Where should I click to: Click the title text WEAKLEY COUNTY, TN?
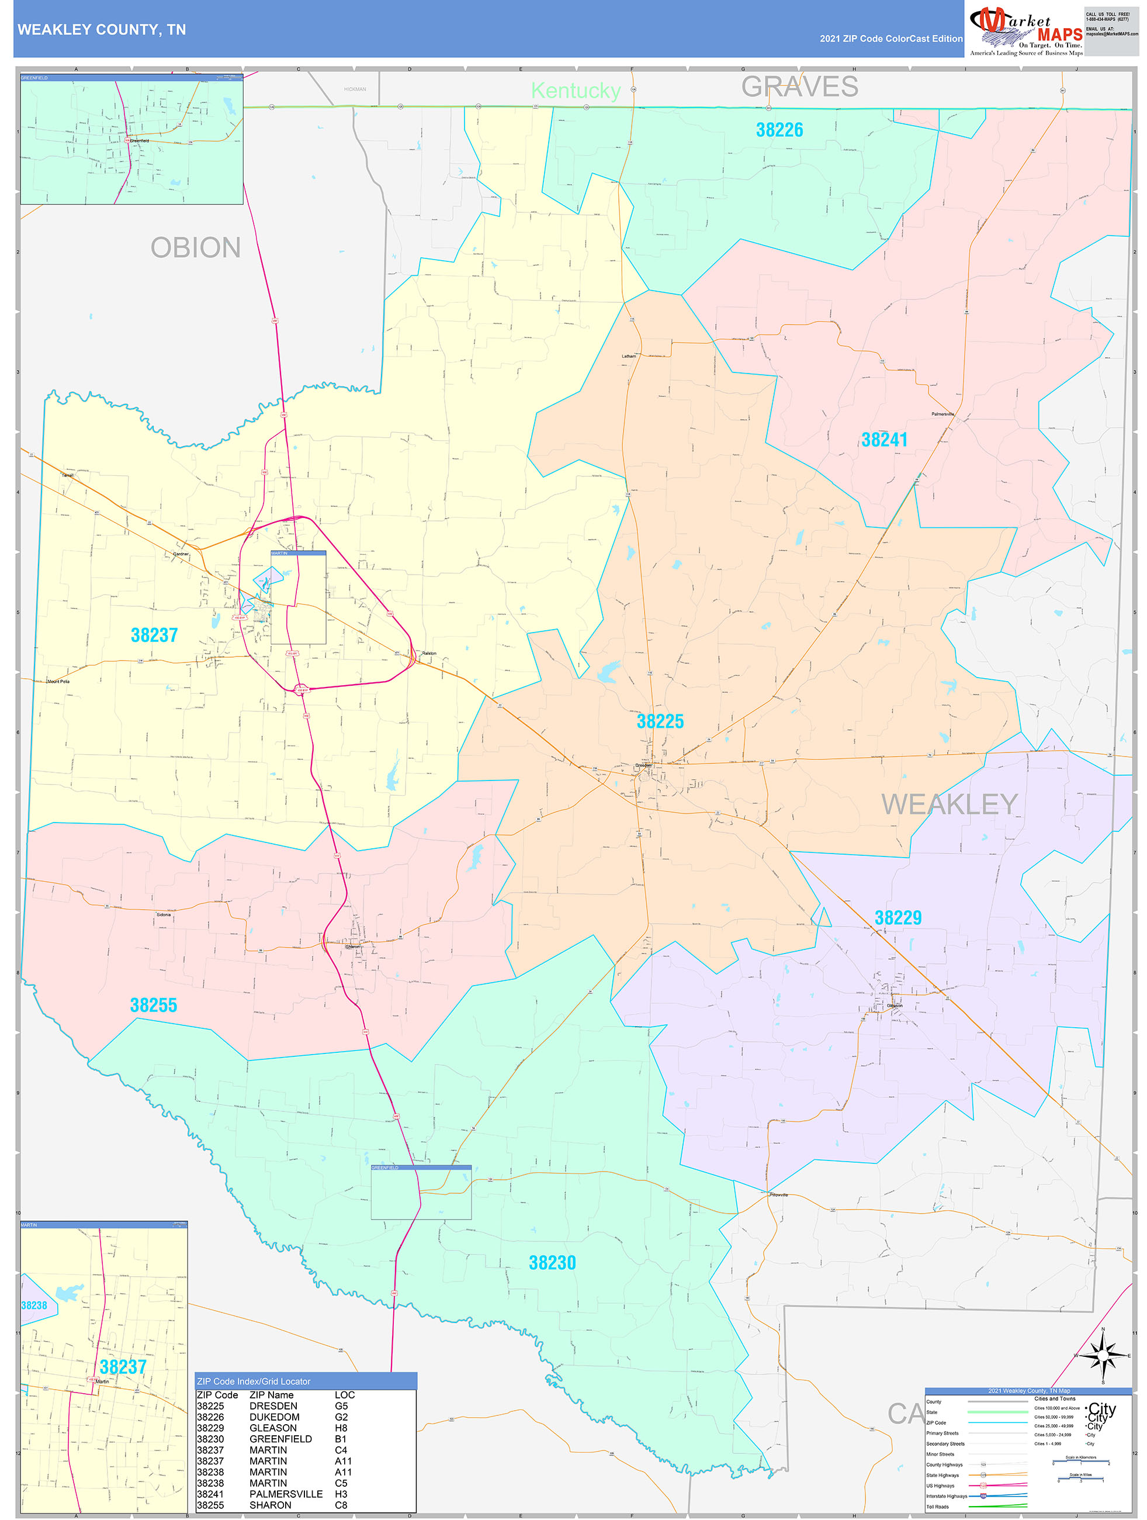click(102, 30)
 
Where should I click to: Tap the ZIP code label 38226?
click(779, 130)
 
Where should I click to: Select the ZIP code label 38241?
click(884, 440)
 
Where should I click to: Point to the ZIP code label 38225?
click(660, 721)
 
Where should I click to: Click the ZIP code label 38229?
click(897, 917)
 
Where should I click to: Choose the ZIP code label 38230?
click(552, 1262)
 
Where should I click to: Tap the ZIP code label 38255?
click(154, 1004)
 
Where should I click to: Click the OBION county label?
click(196, 248)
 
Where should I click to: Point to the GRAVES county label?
click(799, 87)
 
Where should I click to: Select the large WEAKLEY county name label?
click(949, 804)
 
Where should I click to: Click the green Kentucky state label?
click(576, 91)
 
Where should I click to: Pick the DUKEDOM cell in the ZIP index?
click(274, 1417)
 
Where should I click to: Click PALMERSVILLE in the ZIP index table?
click(286, 1494)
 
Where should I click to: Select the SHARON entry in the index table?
click(270, 1505)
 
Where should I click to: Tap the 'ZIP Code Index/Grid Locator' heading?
click(254, 1381)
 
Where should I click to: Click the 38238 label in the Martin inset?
click(34, 1305)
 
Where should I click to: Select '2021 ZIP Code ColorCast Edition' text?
click(891, 39)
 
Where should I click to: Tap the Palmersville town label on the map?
click(942, 414)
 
